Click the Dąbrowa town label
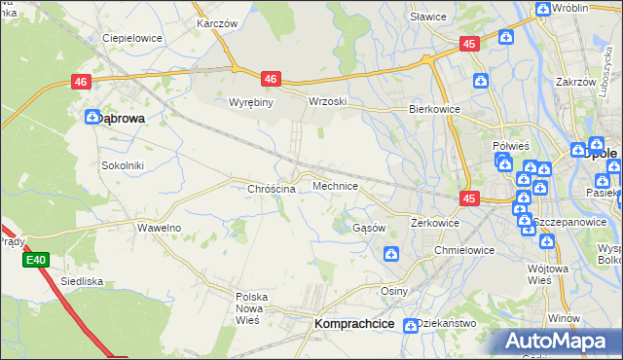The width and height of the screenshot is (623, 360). pos(123,118)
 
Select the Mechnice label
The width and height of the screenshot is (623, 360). pos(335,185)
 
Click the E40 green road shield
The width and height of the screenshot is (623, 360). pos(37,260)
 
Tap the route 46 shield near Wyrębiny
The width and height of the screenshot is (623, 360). pos(271,79)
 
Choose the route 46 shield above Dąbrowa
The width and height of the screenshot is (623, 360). pos(81,85)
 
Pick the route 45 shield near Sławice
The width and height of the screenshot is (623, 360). pos(470,44)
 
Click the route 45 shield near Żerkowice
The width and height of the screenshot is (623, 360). pos(470,198)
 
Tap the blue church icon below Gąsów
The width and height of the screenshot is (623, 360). pos(390,254)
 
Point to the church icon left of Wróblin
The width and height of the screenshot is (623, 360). pos(542,10)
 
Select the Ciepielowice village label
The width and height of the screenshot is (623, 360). pos(132,39)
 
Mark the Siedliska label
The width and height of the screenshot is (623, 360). pos(82,281)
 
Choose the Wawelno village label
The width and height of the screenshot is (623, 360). pos(159,228)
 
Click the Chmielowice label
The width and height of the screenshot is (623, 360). pos(465,250)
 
